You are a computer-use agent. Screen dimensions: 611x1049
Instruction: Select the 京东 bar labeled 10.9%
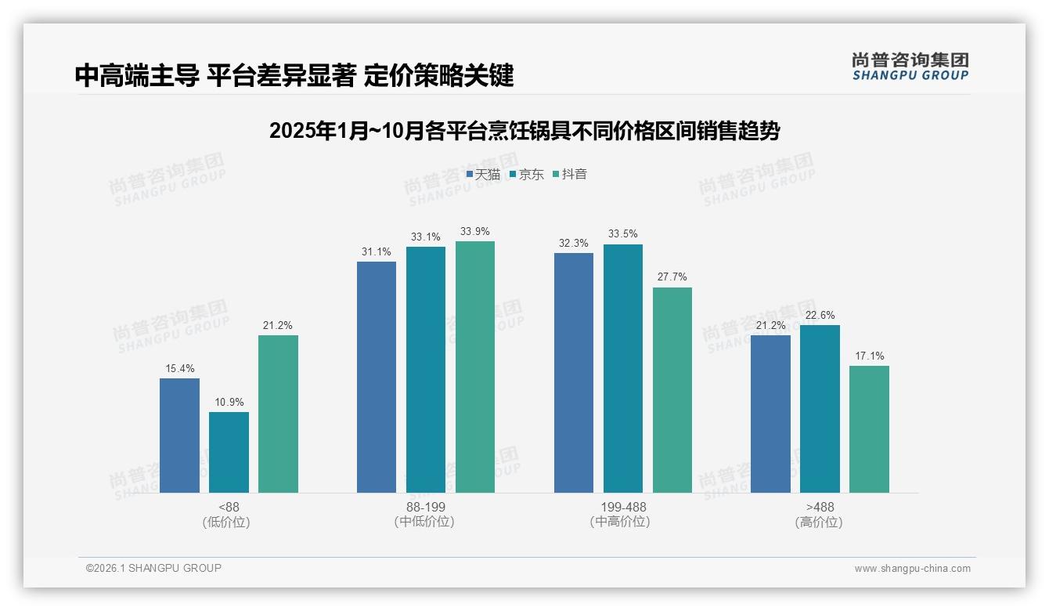229,452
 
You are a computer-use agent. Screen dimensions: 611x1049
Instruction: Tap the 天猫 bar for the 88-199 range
377,377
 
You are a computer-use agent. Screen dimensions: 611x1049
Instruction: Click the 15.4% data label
179,368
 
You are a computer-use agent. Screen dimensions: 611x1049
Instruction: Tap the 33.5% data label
623,233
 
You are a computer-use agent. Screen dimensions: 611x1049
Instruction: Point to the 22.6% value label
820,315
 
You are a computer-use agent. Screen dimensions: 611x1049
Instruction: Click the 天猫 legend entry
483,175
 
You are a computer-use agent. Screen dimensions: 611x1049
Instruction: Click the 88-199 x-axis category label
425,514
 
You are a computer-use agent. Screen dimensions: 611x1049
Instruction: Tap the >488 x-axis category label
820,514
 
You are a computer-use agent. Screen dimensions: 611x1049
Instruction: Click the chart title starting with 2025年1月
524,131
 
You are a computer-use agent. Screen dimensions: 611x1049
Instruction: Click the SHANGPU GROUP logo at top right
910,66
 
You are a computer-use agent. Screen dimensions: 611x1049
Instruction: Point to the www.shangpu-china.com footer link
912,568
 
